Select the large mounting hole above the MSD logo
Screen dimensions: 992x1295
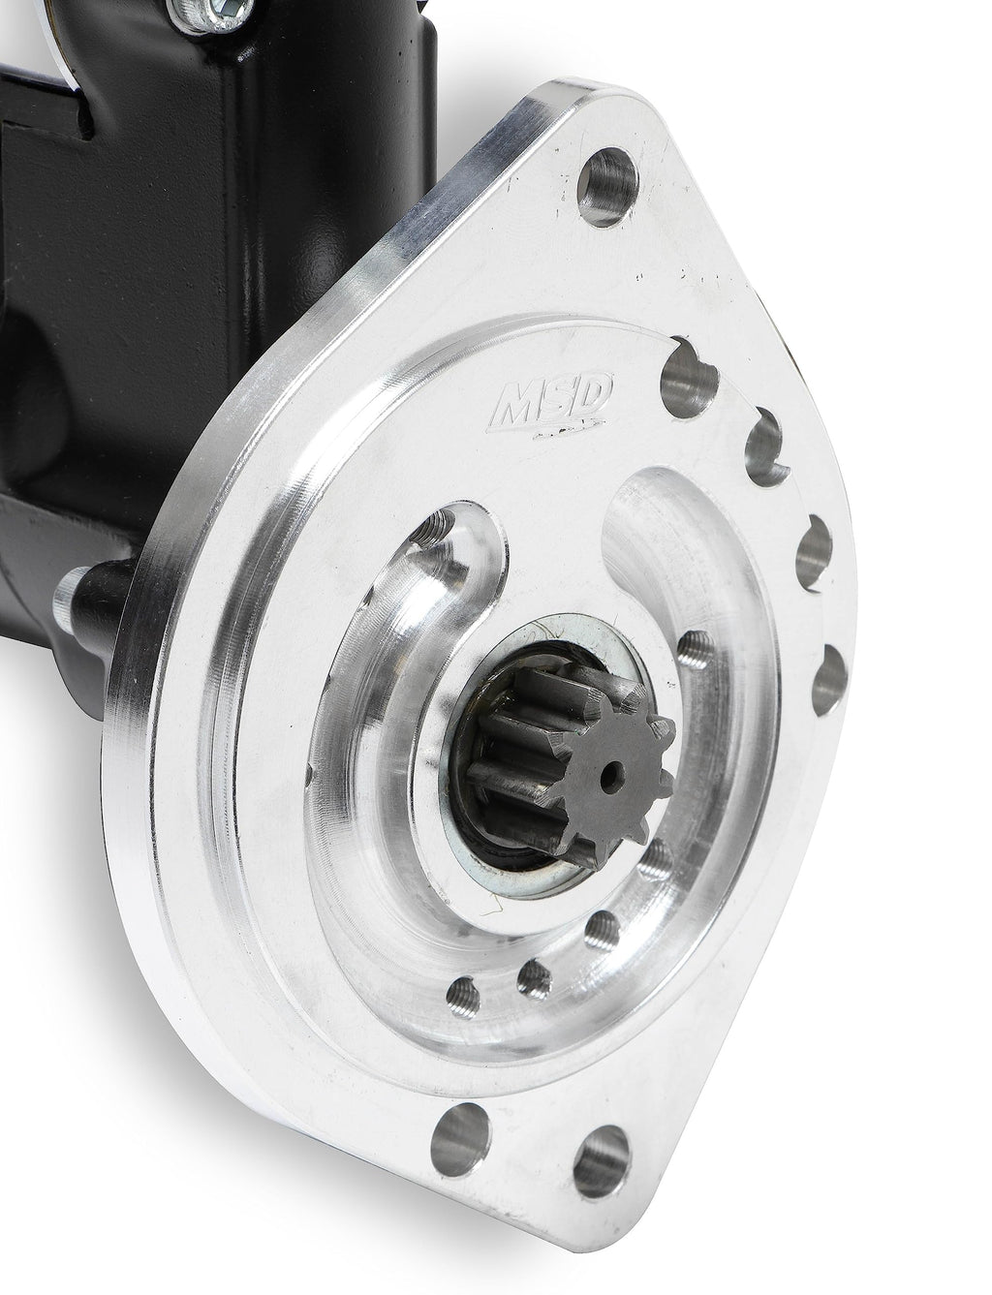[x=607, y=187]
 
